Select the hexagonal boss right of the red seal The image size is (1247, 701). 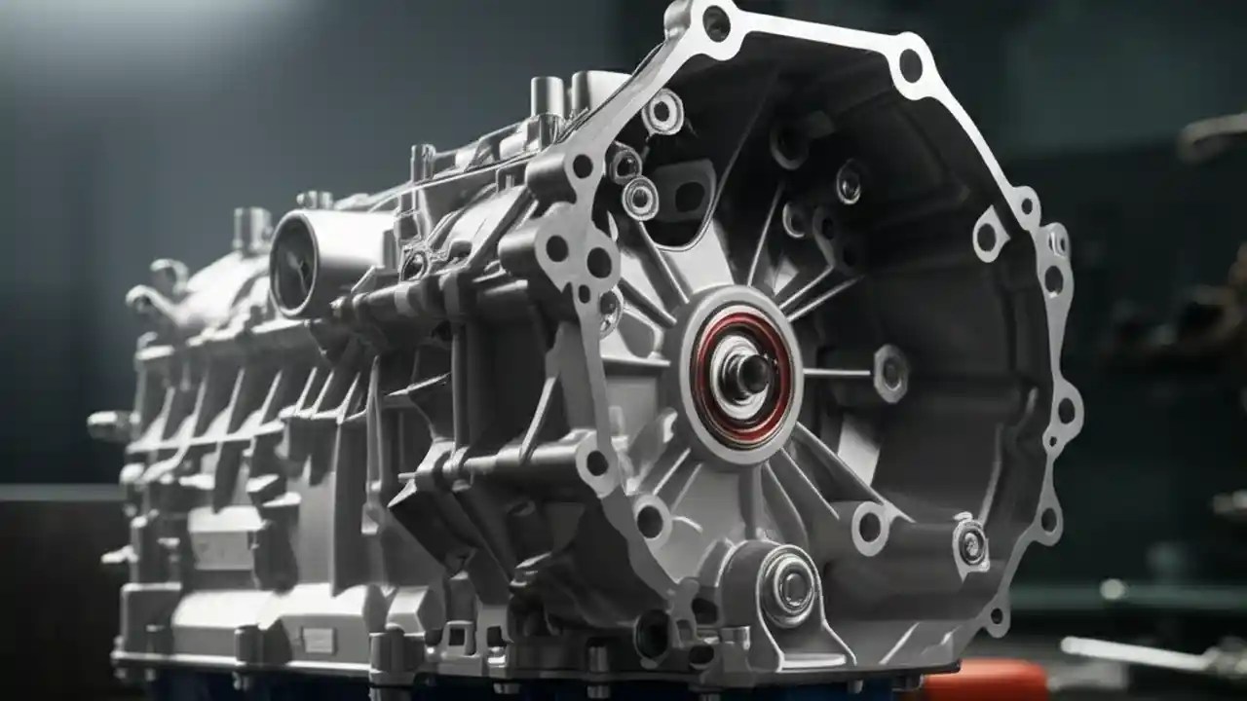[x=890, y=372]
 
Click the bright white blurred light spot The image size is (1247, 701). [x=1113, y=589]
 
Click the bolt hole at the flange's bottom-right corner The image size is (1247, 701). [x=996, y=615]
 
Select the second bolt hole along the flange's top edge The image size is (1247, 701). [x=911, y=66]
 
